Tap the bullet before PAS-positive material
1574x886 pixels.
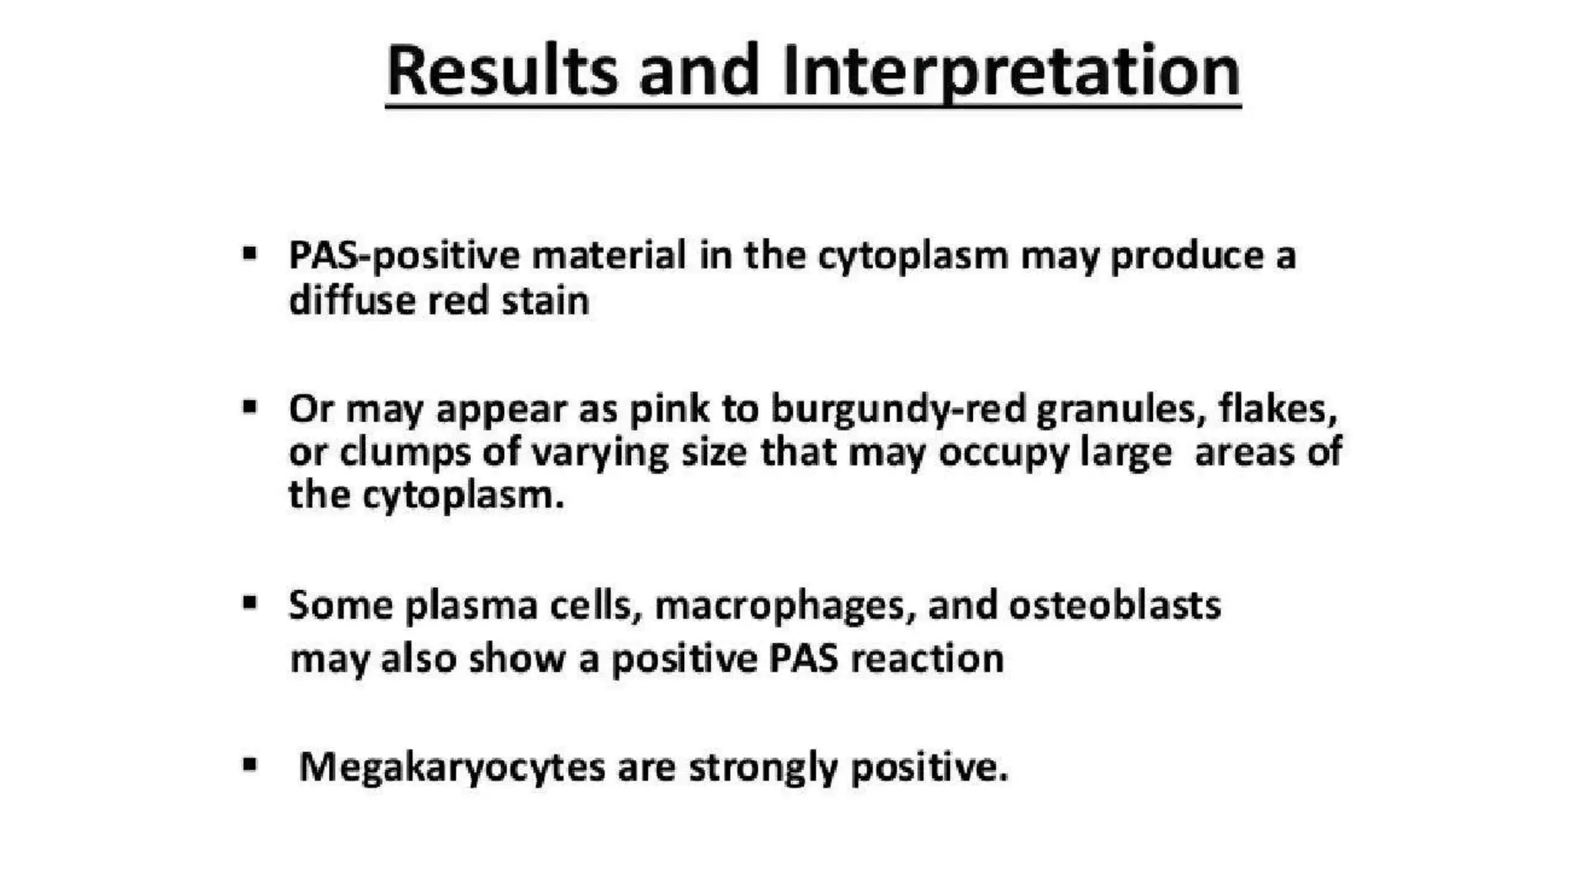coord(249,253)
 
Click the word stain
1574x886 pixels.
coord(545,300)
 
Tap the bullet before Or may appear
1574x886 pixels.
coord(249,406)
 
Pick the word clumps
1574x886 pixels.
coord(404,452)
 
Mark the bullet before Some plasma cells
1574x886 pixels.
coord(249,602)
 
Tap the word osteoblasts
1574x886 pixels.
coord(1114,605)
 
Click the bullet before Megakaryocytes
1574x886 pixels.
coord(249,764)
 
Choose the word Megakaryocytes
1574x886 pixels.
coord(452,768)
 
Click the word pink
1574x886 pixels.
coord(669,409)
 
